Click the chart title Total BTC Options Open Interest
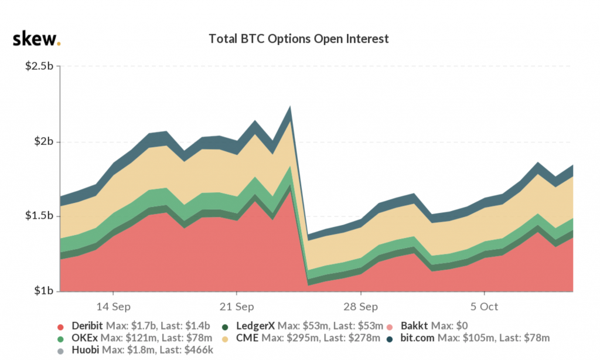pyautogui.click(x=299, y=39)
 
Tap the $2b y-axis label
pyautogui.click(x=44, y=142)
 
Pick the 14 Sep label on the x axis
pyautogui.click(x=112, y=307)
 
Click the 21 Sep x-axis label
pyautogui.click(x=236, y=307)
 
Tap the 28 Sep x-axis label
pyautogui.click(x=360, y=307)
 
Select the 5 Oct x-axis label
pyautogui.click(x=485, y=307)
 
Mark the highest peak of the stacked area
pyautogui.click(x=289, y=107)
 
